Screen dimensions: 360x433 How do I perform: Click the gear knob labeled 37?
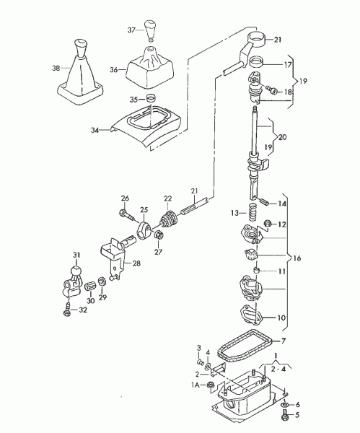click(150, 30)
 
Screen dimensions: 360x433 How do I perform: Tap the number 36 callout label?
click(114, 69)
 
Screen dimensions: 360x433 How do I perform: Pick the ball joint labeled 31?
click(72, 281)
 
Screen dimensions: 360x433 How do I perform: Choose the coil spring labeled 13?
click(253, 212)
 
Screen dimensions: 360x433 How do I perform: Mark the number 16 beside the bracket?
click(297, 258)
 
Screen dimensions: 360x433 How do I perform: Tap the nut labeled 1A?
click(211, 385)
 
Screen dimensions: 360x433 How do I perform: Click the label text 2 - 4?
click(278, 369)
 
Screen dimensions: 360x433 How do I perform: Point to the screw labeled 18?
click(272, 89)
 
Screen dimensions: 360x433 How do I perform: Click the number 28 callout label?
click(136, 263)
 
